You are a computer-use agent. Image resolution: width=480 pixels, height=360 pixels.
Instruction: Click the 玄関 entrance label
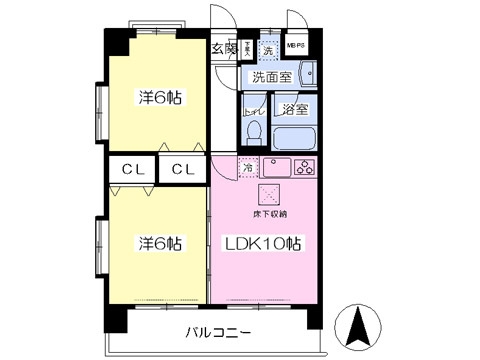[223, 47]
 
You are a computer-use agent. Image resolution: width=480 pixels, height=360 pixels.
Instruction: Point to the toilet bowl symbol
[255, 133]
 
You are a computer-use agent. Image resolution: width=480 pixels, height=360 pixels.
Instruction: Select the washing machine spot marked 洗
[268, 48]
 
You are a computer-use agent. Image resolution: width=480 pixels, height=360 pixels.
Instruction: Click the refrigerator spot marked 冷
[248, 167]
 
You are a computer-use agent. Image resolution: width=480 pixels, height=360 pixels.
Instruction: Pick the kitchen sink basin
[278, 167]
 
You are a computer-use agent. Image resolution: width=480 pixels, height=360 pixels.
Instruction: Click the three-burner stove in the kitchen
[305, 167]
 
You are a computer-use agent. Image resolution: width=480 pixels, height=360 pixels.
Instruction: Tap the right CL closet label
[181, 168]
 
